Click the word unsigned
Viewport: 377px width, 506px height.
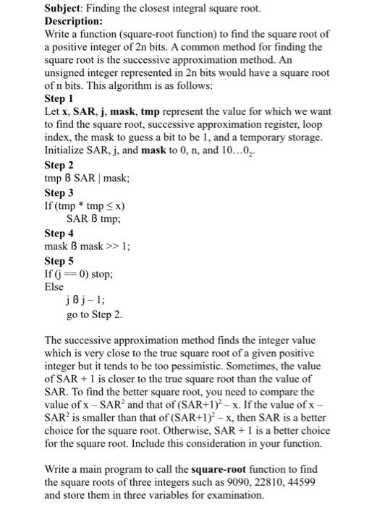click(67, 72)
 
